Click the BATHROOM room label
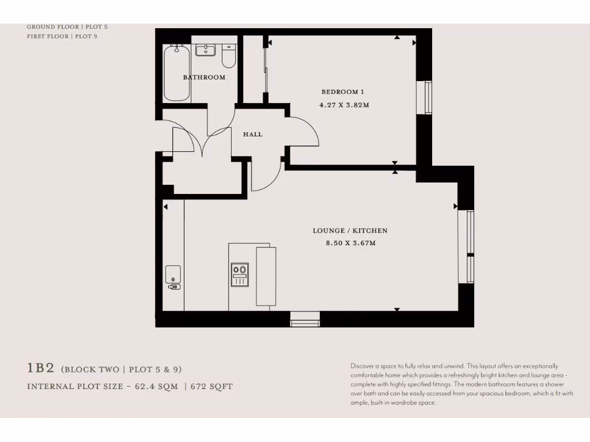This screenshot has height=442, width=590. click(204, 77)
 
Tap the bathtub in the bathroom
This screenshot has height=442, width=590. click(177, 74)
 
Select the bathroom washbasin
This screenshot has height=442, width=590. click(205, 51)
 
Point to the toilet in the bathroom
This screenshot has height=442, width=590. click(229, 56)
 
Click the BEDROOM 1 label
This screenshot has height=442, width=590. click(343, 92)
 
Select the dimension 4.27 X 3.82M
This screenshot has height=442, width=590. click(344, 105)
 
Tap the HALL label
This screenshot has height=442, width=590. click(252, 134)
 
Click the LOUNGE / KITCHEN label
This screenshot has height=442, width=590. click(350, 231)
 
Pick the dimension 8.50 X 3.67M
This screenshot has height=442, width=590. click(350, 243)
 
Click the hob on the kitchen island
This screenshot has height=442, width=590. click(240, 275)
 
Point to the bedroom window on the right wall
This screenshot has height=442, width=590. click(427, 97)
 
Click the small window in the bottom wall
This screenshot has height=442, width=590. click(305, 320)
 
